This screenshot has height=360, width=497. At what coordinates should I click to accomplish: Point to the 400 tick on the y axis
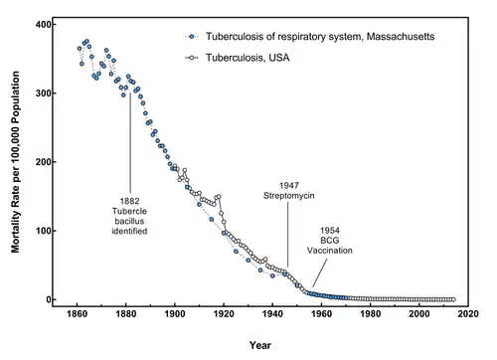[x=42, y=24]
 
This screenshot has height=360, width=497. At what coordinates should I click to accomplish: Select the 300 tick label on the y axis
[x=42, y=92]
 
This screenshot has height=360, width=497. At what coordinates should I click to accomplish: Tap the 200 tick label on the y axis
[x=42, y=162]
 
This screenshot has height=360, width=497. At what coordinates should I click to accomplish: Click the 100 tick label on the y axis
[x=42, y=231]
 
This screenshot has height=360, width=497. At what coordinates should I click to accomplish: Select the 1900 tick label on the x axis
[x=175, y=319]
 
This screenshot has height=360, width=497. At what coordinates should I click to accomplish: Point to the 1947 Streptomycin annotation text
[x=288, y=191]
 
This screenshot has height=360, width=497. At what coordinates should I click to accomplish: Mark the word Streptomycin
[x=288, y=197]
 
